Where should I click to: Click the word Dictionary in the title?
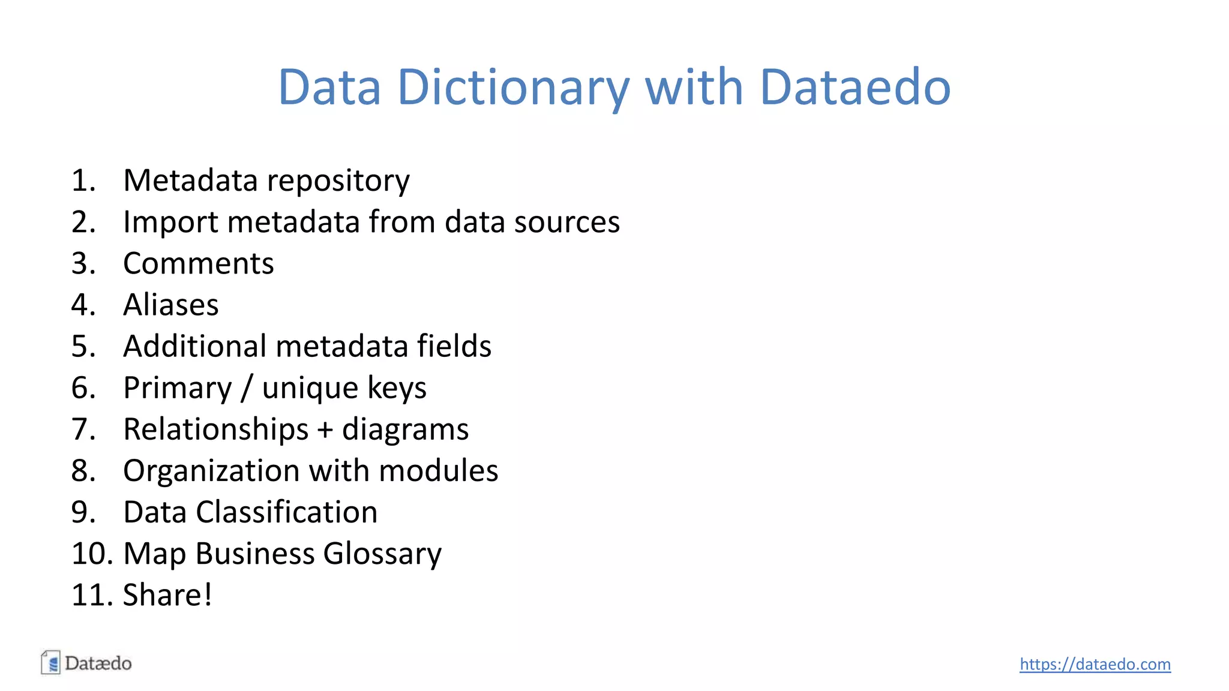(513, 88)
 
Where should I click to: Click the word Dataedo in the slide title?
(855, 88)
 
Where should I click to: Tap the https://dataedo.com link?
(1095, 664)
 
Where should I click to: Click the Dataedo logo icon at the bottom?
(51, 663)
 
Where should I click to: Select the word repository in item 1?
(338, 181)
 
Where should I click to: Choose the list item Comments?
(198, 263)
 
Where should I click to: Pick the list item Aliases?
(170, 305)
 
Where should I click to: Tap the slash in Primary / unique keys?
(247, 388)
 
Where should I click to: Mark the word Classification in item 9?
(286, 512)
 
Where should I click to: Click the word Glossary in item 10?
(382, 554)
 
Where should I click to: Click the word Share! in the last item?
(167, 595)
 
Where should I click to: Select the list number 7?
(83, 429)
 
